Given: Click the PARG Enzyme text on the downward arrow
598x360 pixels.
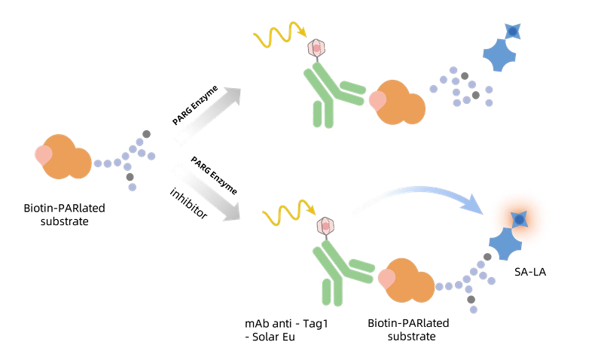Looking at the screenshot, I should (x=214, y=175).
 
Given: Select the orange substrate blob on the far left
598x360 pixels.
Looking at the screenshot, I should (x=66, y=157).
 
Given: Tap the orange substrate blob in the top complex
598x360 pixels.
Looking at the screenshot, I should (x=399, y=102).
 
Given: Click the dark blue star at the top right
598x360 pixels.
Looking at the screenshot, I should (x=512, y=31).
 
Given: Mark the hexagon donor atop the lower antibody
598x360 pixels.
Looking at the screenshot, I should (x=327, y=225).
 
